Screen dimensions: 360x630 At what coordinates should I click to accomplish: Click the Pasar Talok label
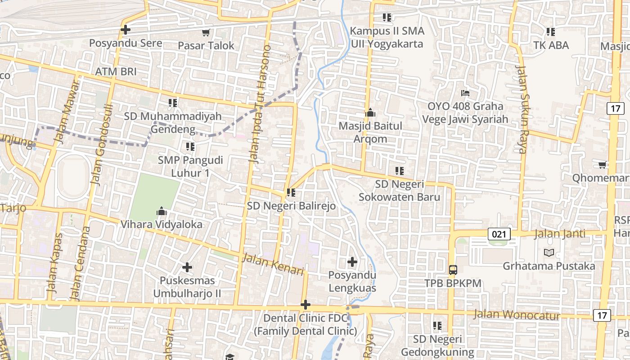pos(206,45)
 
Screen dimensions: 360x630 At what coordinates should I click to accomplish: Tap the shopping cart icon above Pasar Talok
pos(206,32)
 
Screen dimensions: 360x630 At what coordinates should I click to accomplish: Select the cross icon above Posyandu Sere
pos(126,30)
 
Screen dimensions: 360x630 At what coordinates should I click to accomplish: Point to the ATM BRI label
pos(116,72)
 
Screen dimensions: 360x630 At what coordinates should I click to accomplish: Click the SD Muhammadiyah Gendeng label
pos(173,122)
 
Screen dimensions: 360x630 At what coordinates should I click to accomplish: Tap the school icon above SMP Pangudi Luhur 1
pos(190,147)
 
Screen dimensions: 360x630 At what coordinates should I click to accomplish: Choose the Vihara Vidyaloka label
pos(162,224)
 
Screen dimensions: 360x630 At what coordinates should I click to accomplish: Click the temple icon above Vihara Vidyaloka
pos(162,211)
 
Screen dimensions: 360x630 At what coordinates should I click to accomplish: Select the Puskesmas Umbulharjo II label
pos(187,287)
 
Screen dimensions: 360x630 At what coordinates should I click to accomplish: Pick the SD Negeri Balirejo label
pos(291,206)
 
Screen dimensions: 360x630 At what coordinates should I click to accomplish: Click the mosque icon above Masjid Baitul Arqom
pos(370,112)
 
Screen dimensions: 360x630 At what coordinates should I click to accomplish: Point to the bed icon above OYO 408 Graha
pos(465,93)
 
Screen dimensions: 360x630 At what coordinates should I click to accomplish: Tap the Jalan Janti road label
pos(560,234)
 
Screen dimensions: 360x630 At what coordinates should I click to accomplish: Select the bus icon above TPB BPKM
pos(453,270)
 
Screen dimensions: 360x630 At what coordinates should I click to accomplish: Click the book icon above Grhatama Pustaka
pos(549,252)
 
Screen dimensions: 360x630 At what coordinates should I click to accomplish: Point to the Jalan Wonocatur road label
pos(517,314)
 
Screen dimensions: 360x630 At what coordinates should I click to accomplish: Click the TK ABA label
pos(551,45)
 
